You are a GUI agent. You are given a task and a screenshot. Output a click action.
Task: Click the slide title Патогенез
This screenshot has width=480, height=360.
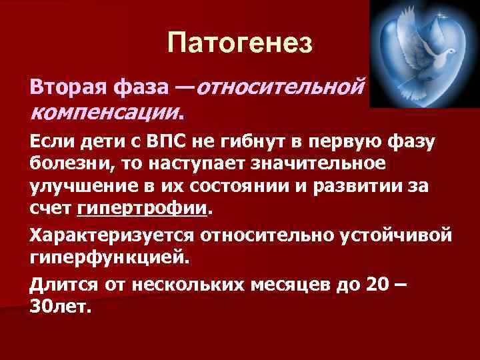(239, 44)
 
